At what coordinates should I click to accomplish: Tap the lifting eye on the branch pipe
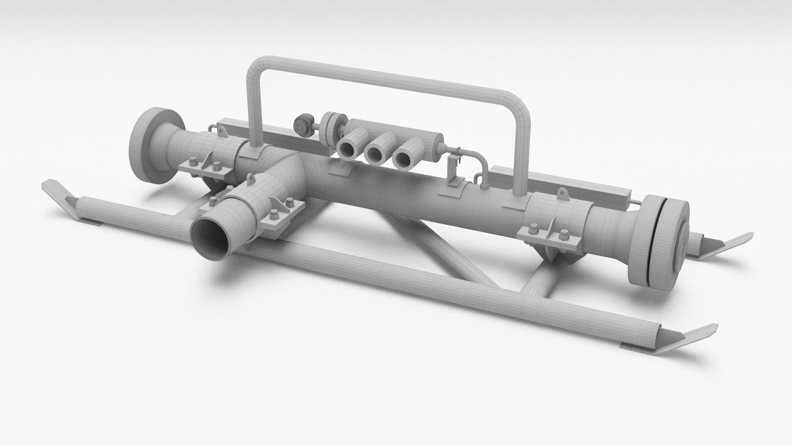tap(250, 178)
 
